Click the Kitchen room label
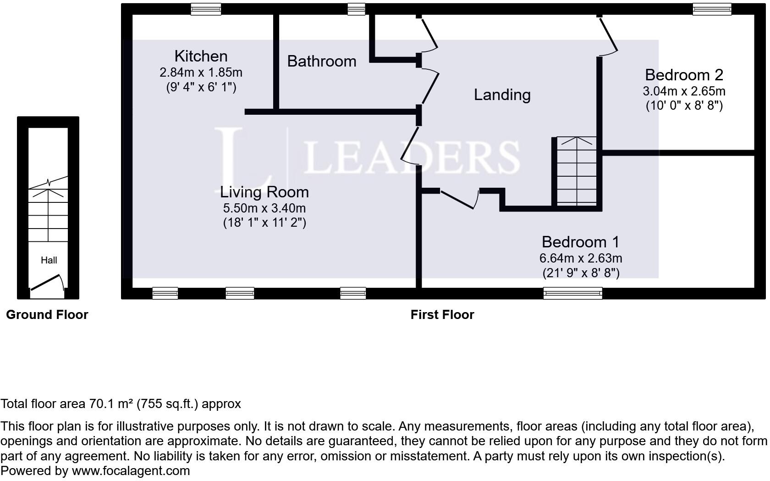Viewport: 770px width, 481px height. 201,56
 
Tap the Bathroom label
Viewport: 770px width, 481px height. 322,61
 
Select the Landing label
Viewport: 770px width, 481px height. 502,95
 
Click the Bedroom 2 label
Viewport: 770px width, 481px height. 684,74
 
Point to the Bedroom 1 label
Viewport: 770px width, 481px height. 580,241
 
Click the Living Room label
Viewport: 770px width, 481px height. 264,191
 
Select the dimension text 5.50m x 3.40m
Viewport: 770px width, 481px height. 264,208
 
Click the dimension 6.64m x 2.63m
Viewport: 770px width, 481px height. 580,258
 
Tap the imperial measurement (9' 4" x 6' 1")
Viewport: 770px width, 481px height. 201,87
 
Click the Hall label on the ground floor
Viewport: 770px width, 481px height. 49,260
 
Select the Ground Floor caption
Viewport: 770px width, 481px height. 47,314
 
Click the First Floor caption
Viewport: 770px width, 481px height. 442,314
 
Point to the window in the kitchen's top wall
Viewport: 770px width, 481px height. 206,9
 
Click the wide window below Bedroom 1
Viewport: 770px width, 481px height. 572,293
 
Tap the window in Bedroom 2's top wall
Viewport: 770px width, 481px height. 712,9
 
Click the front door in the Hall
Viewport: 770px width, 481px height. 46,283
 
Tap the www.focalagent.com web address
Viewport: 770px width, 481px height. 131,471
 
